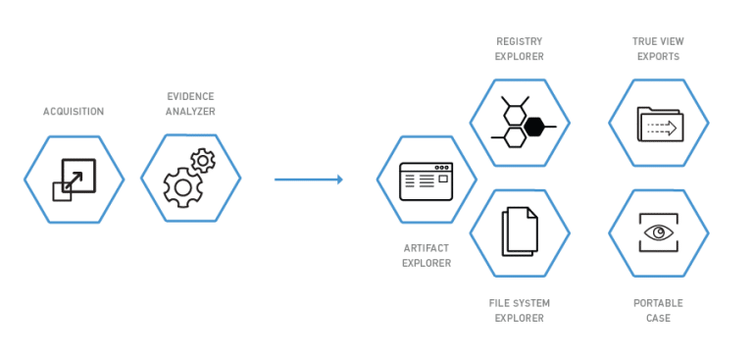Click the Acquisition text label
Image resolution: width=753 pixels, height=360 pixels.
[x=74, y=111]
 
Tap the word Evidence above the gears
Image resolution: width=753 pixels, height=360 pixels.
[x=190, y=97]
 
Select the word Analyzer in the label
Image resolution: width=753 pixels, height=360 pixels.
[x=190, y=112]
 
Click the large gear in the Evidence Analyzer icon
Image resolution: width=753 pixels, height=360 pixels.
[x=181, y=186]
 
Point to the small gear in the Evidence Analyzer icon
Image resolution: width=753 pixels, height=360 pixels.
[x=203, y=160]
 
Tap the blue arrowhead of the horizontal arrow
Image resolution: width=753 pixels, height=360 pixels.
[x=338, y=180]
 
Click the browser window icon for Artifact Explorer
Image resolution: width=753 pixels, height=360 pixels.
[x=426, y=180]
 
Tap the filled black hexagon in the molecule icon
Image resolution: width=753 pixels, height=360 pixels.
[x=534, y=127]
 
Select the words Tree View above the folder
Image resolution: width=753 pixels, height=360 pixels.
[x=658, y=41]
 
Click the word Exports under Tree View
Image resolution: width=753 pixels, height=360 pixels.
[x=658, y=56]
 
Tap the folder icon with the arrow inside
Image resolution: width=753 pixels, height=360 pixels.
[x=658, y=124]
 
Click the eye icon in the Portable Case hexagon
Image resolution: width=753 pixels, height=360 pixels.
[x=658, y=233]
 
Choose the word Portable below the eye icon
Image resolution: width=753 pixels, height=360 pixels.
[x=658, y=303]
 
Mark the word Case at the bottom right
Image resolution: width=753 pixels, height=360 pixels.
[x=658, y=318]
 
